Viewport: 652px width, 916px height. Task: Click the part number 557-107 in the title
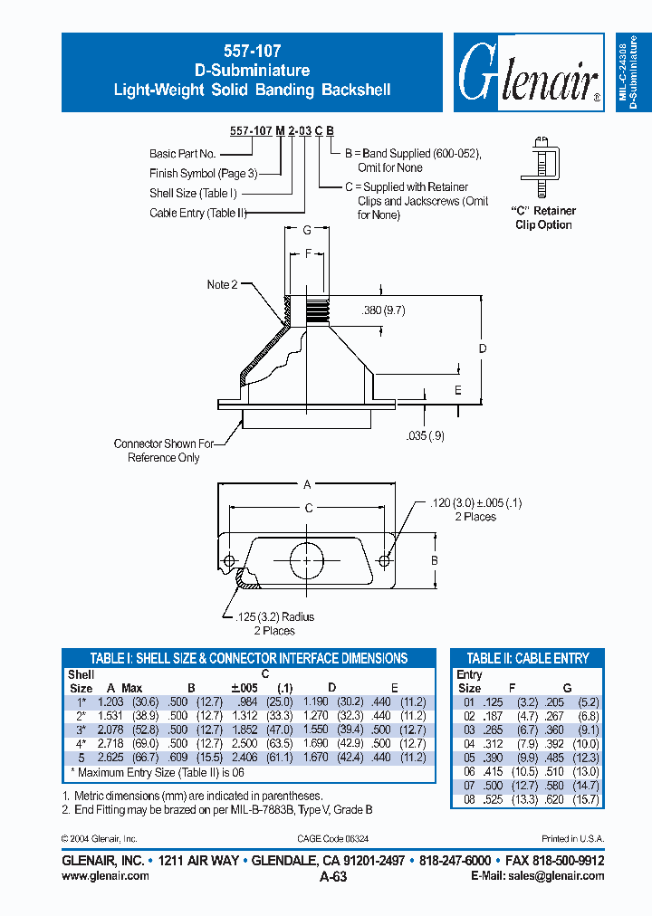pos(252,52)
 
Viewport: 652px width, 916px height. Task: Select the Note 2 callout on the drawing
pos(223,284)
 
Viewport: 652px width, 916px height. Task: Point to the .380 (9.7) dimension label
pos(384,310)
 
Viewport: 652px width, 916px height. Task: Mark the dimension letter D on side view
pos(483,348)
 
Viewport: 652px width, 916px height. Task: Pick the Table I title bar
pos(249,658)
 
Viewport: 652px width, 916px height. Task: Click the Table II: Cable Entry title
pos(528,658)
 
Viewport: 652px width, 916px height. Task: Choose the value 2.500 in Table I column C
pos(245,743)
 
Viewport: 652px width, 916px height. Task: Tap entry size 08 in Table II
pos(468,798)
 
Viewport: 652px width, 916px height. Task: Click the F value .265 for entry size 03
pos(491,730)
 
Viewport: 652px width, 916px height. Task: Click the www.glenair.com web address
pos(105,875)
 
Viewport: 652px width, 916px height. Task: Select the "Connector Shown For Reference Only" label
pos(163,451)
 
